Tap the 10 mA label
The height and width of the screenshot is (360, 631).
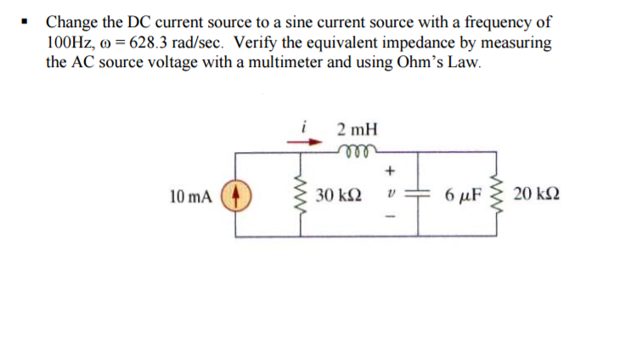pos(188,196)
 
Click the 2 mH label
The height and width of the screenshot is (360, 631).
pos(356,130)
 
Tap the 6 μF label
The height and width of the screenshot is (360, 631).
pos(462,196)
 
